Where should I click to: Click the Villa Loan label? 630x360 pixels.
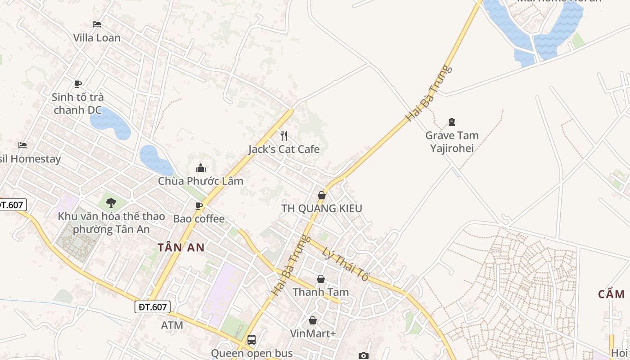coord(97,38)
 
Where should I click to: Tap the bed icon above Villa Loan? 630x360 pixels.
coord(97,24)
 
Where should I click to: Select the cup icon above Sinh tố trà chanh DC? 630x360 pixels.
coord(78,84)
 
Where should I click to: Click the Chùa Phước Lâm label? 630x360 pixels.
coord(200,181)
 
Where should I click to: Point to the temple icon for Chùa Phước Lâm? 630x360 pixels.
coord(200,168)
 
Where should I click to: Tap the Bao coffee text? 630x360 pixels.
coord(199,219)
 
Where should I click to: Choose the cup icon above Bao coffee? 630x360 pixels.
coord(198,206)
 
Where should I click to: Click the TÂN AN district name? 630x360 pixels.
coord(181,247)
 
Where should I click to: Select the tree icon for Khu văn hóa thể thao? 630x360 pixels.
coord(111,203)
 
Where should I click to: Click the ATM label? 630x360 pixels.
coord(172,325)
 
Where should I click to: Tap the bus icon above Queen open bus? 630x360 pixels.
coord(252,340)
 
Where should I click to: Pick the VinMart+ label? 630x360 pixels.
coord(313,333)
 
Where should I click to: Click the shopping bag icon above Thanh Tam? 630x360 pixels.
coord(321,279)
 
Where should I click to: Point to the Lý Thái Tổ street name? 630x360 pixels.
coord(346,265)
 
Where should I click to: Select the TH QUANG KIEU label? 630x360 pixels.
coord(322,208)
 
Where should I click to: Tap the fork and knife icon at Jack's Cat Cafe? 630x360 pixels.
coord(284,136)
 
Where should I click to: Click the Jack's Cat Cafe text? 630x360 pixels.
coord(284,149)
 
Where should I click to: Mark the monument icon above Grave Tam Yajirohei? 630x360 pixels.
coord(452,122)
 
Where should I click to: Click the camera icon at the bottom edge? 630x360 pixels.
coord(364,355)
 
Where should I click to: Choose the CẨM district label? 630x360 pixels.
coord(612,294)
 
